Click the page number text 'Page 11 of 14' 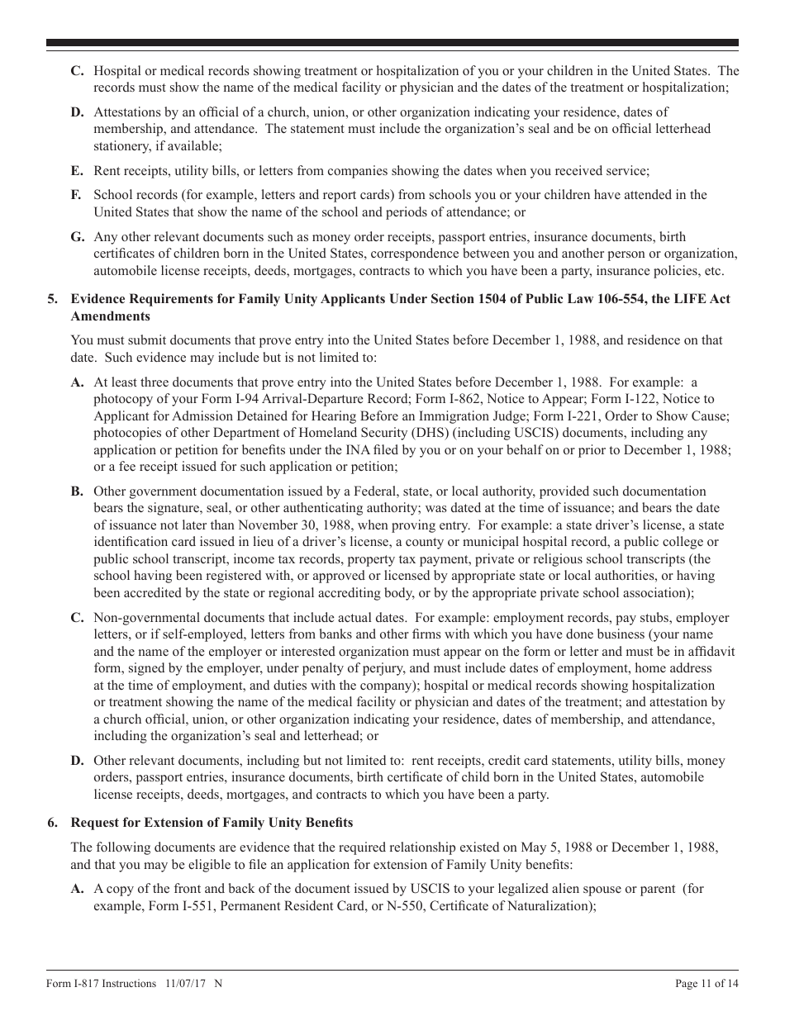(706, 983)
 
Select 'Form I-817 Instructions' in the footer (101, 983)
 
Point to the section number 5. (51, 299)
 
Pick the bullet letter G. (78, 237)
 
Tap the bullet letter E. (78, 171)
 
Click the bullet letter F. (77, 195)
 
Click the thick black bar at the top (392, 43)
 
